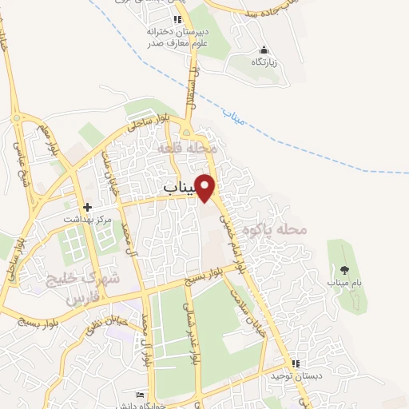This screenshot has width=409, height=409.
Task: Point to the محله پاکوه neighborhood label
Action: pyautogui.click(x=300, y=230)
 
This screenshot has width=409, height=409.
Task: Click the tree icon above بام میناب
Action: pyautogui.click(x=344, y=269)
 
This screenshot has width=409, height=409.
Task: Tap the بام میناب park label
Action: pyautogui.click(x=344, y=283)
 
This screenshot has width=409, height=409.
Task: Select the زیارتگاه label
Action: pyautogui.click(x=264, y=62)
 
